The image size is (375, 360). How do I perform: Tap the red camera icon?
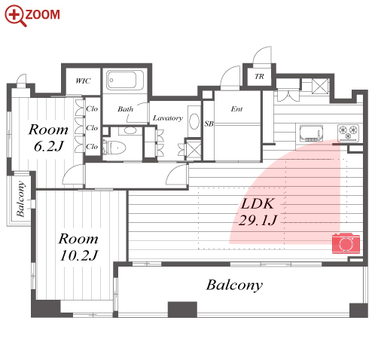346,243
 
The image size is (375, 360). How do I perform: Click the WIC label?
83,81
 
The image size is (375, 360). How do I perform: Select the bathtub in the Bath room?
125,80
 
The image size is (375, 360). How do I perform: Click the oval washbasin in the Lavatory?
194,122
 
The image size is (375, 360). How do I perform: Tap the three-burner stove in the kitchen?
348,133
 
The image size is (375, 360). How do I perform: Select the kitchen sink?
311,133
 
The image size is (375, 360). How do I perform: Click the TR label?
259,76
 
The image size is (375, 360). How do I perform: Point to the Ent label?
236,108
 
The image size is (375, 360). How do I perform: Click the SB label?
209,124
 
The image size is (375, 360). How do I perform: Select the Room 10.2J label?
78,247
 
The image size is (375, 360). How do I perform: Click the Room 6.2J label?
48,138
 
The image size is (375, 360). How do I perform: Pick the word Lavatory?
168,118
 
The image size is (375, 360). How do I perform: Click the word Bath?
125,109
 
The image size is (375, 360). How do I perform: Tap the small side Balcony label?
20,199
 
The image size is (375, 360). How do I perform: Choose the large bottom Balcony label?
234,285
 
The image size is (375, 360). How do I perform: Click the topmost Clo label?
92,108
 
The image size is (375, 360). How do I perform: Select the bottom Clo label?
92,146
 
